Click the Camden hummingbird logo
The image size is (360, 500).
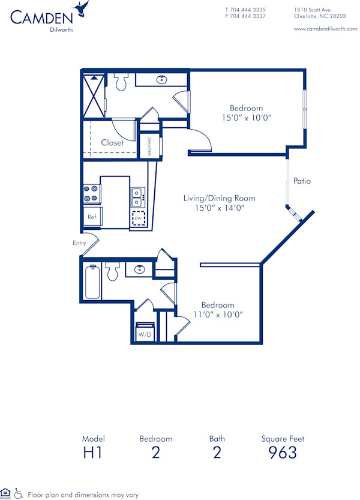tap(82, 9)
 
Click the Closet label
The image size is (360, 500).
tap(112, 143)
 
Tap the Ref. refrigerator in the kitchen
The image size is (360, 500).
tap(92, 216)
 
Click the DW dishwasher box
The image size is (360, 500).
tap(139, 218)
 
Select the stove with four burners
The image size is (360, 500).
tap(91, 194)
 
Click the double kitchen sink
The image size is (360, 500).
tap(137, 194)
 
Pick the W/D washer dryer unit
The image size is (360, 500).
tap(145, 333)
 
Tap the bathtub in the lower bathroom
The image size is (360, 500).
tap(92, 282)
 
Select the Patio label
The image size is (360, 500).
tap(302, 181)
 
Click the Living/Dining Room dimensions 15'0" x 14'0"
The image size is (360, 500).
tap(219, 208)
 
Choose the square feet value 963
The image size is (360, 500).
tap(283, 453)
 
